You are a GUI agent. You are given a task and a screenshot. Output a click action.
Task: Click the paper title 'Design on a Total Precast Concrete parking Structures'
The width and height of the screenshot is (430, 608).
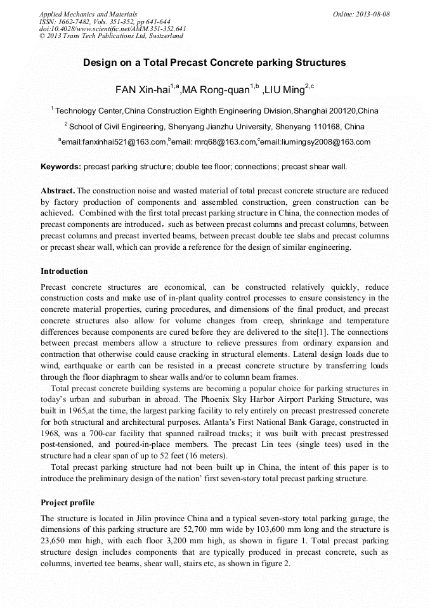click(214, 63)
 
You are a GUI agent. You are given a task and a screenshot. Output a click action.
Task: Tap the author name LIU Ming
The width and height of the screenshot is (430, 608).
click(285, 91)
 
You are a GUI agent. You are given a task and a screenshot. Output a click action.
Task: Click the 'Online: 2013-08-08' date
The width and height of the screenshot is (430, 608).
click(362, 14)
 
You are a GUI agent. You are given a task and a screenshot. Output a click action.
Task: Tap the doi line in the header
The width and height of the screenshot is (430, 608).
click(112, 29)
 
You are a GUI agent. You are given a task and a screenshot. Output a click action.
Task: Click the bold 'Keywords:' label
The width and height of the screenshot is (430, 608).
click(61, 167)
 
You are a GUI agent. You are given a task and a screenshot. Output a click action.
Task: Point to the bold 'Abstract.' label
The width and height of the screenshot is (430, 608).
click(58, 190)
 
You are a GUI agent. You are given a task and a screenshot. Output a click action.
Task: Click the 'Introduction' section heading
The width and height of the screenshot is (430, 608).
click(64, 271)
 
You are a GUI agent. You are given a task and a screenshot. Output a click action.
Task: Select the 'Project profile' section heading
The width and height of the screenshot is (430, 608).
click(67, 503)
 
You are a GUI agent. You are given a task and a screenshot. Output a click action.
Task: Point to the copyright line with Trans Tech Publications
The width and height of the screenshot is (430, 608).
click(111, 36)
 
